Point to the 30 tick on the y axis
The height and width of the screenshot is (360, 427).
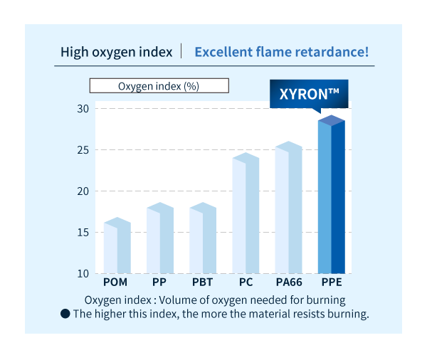tap(82, 108)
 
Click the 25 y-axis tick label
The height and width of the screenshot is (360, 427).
tap(82, 149)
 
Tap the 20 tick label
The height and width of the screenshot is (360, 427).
tap(82, 191)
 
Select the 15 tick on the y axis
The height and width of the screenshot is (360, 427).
tap(82, 232)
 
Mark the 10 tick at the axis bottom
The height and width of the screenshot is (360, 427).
tap(82, 273)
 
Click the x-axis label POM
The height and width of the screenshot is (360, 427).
tap(116, 282)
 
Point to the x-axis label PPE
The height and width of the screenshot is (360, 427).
tap(332, 282)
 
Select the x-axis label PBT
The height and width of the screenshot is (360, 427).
tap(203, 282)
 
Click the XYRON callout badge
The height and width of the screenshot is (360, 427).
tap(309, 93)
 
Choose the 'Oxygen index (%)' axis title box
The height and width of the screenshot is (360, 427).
tap(159, 86)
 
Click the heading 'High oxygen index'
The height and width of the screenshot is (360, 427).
tap(116, 52)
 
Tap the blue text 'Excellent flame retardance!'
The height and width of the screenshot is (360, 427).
tap(281, 52)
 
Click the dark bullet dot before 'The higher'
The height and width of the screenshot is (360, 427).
tap(65, 314)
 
